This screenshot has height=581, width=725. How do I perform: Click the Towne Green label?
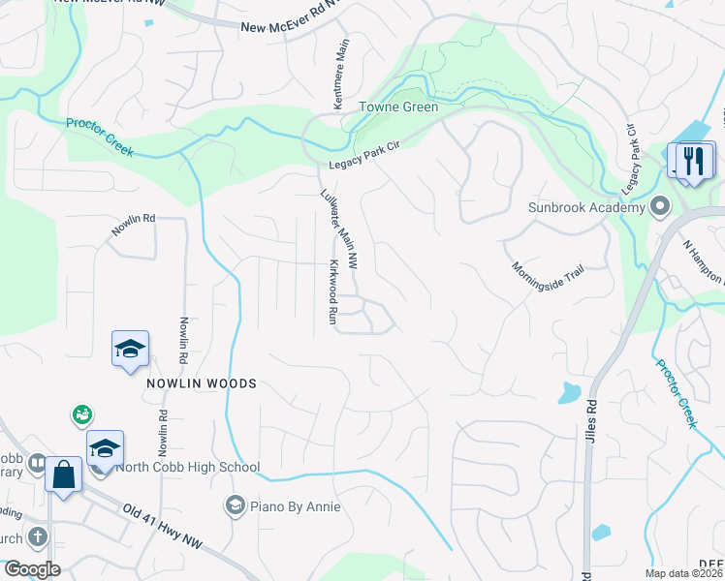(398, 107)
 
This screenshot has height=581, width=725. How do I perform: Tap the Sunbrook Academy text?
(586, 207)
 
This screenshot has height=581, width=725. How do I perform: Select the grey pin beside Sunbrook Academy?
(661, 207)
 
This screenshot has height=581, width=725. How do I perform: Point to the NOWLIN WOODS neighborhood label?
(202, 383)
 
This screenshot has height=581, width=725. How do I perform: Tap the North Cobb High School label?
(188, 468)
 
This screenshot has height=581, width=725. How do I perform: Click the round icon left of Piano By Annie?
(234, 505)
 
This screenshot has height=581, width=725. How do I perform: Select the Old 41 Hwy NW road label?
(163, 529)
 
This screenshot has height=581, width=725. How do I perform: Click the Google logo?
(32, 568)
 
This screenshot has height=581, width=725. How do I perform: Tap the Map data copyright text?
(682, 573)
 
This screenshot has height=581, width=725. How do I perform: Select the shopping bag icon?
(64, 475)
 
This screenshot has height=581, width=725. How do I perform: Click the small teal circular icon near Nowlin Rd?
(82, 415)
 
